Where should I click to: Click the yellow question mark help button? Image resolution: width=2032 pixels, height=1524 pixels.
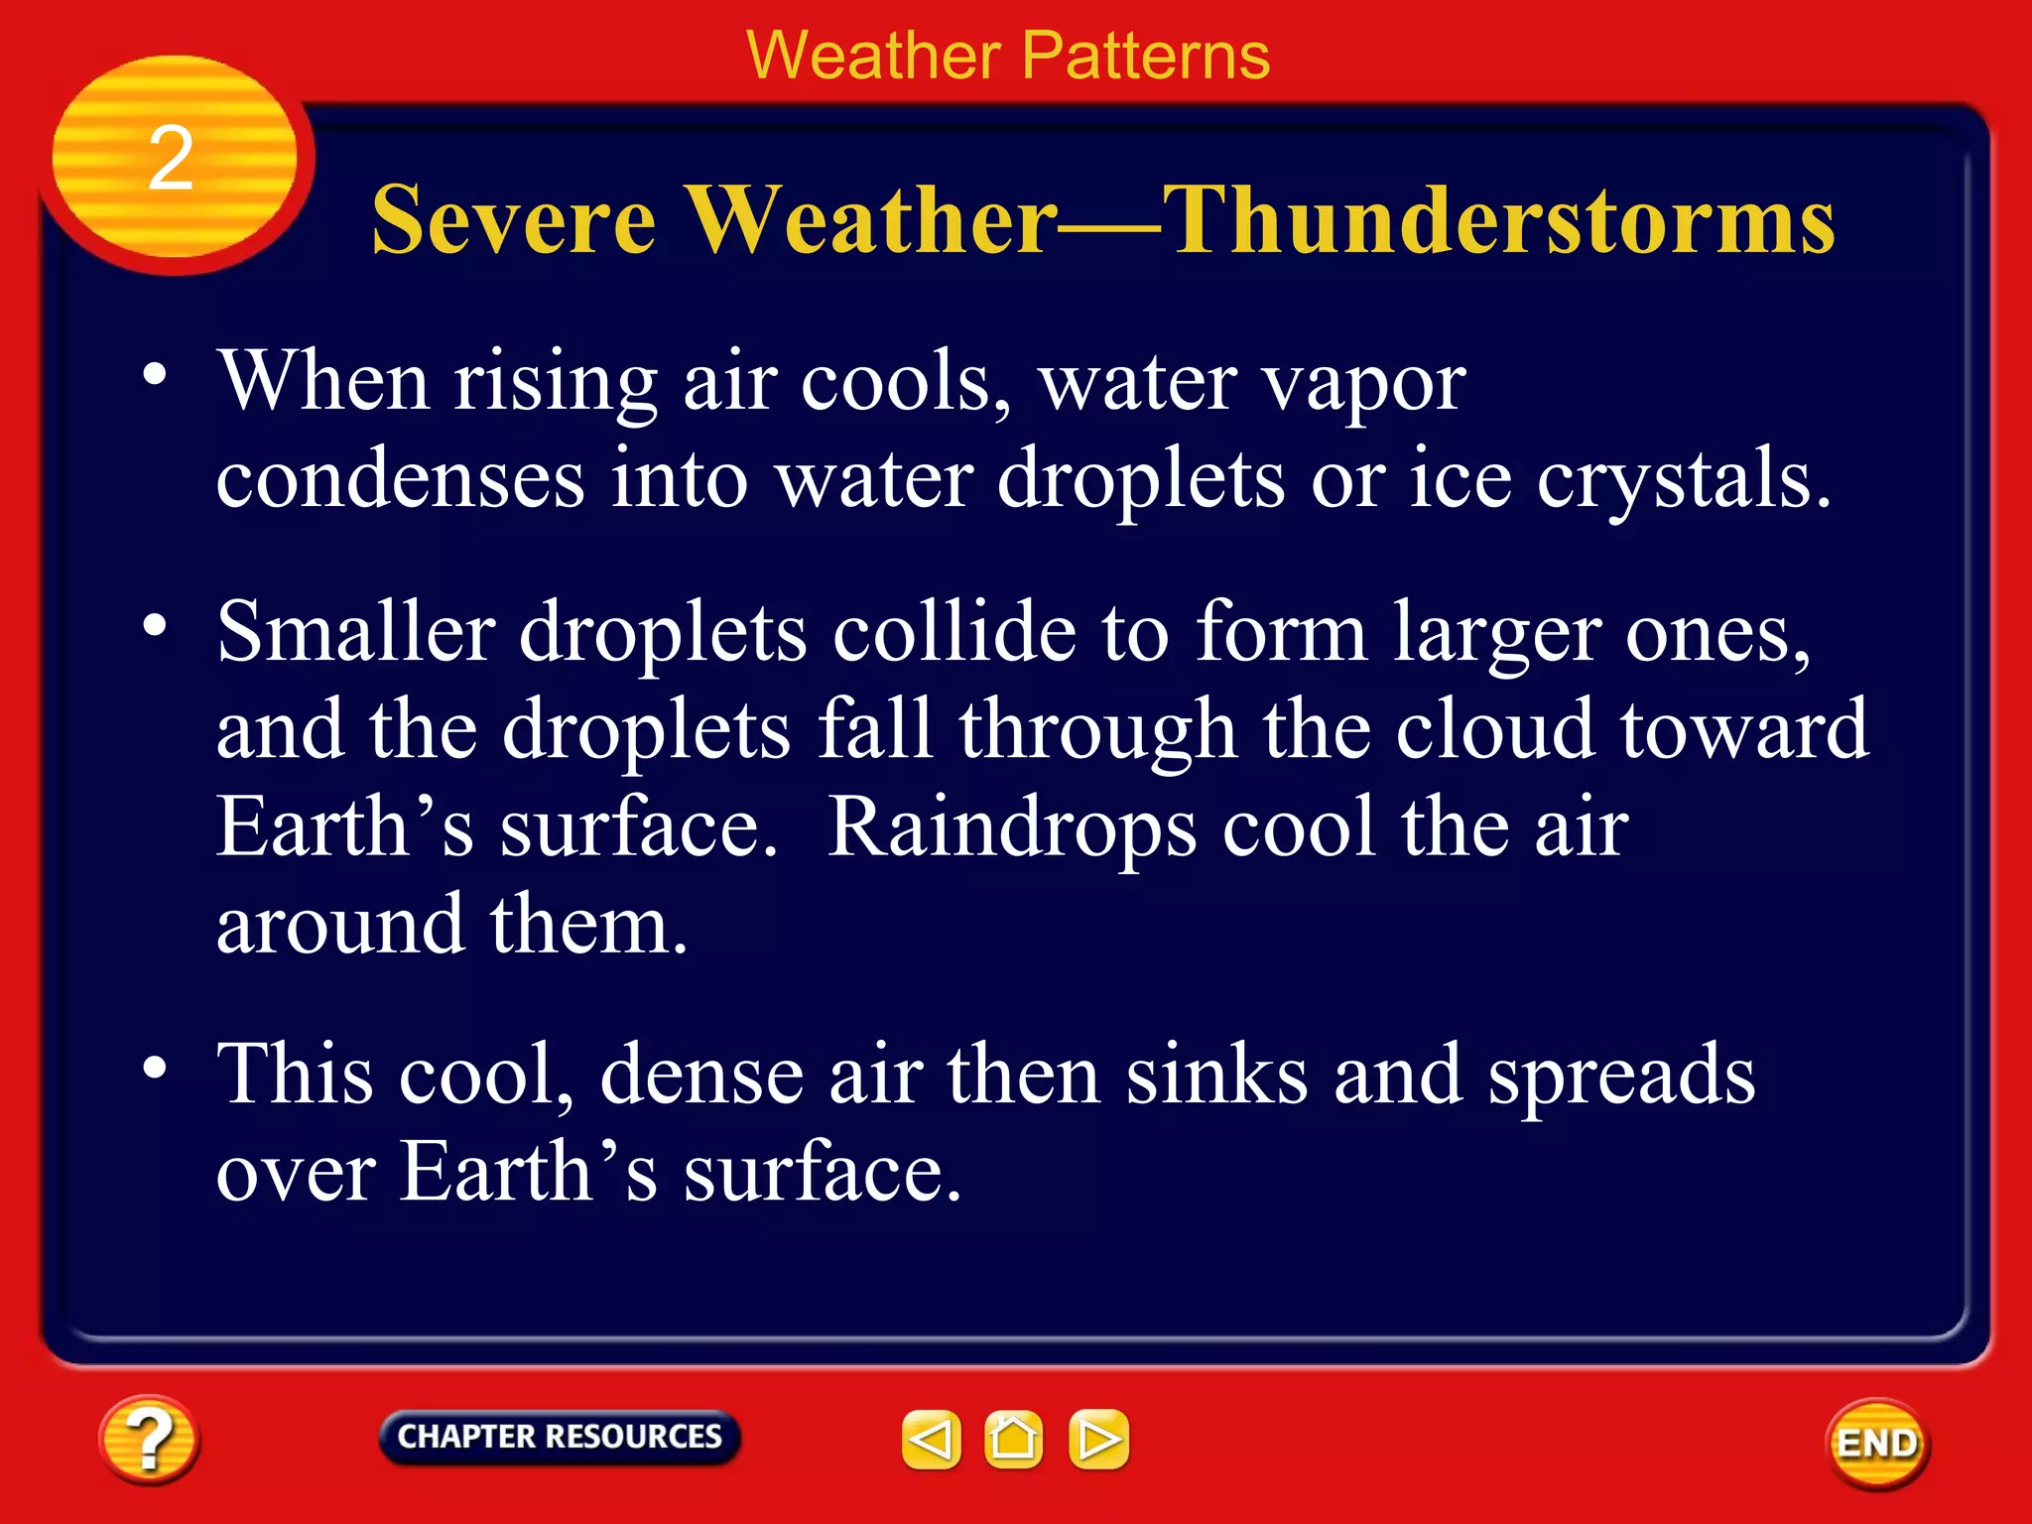click(x=149, y=1440)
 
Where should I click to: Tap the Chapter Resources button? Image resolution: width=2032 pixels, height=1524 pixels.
click(x=560, y=1437)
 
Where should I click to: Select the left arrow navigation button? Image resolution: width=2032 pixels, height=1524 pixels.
click(x=931, y=1439)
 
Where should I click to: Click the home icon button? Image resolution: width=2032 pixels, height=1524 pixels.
click(x=1013, y=1439)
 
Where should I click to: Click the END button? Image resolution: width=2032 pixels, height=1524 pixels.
click(x=1876, y=1443)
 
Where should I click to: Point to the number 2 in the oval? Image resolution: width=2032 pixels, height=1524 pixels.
click(x=171, y=159)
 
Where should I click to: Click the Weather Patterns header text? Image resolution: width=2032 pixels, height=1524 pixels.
click(x=1008, y=56)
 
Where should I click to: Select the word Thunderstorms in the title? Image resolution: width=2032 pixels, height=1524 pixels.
click(x=1498, y=220)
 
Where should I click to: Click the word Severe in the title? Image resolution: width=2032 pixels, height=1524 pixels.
click(x=513, y=220)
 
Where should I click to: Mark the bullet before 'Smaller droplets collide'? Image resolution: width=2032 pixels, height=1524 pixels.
click(x=155, y=626)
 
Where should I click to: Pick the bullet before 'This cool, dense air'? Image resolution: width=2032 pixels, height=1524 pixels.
click(x=155, y=1068)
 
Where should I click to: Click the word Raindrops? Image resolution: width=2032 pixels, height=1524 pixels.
click(x=1011, y=828)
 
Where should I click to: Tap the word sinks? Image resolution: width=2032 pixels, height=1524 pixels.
click(x=1216, y=1076)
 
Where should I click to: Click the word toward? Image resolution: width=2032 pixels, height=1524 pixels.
click(x=1744, y=730)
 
